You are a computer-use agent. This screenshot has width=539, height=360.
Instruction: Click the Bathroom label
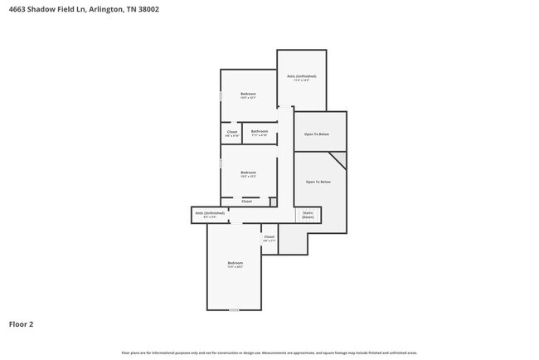pyautogui.click(x=260, y=132)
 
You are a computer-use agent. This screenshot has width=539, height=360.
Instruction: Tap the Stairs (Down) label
pyautogui.click(x=308, y=215)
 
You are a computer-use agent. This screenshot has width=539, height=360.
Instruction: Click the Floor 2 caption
pyautogui.click(x=22, y=324)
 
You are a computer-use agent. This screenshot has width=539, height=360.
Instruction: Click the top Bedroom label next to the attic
pyautogui.click(x=248, y=95)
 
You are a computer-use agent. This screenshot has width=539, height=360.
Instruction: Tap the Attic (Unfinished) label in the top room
pyautogui.click(x=302, y=77)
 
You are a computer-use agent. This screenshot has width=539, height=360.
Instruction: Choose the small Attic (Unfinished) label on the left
pyautogui.click(x=210, y=214)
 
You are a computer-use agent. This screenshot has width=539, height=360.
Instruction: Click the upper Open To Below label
pyautogui.click(x=317, y=134)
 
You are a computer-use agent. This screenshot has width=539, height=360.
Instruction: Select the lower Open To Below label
pyautogui.click(x=318, y=182)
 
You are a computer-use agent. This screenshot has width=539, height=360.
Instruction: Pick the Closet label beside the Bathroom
pyautogui.click(x=232, y=132)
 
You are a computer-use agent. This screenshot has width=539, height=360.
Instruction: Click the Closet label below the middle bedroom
pyautogui.click(x=247, y=202)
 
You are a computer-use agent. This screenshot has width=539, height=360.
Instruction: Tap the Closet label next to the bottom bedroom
pyautogui.click(x=269, y=238)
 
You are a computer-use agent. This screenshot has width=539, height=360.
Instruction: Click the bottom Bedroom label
pyautogui.click(x=236, y=264)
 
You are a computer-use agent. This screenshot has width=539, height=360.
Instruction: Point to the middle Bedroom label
pyautogui.click(x=248, y=173)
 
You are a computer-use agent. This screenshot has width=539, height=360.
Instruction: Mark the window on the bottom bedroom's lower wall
pyautogui.click(x=235, y=310)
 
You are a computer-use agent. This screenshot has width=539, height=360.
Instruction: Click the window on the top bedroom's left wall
pyautogui.click(x=221, y=95)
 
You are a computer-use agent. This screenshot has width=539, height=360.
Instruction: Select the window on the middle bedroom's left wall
pyautogui.click(x=221, y=164)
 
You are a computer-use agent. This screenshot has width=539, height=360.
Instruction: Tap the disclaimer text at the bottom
pyautogui.click(x=269, y=353)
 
